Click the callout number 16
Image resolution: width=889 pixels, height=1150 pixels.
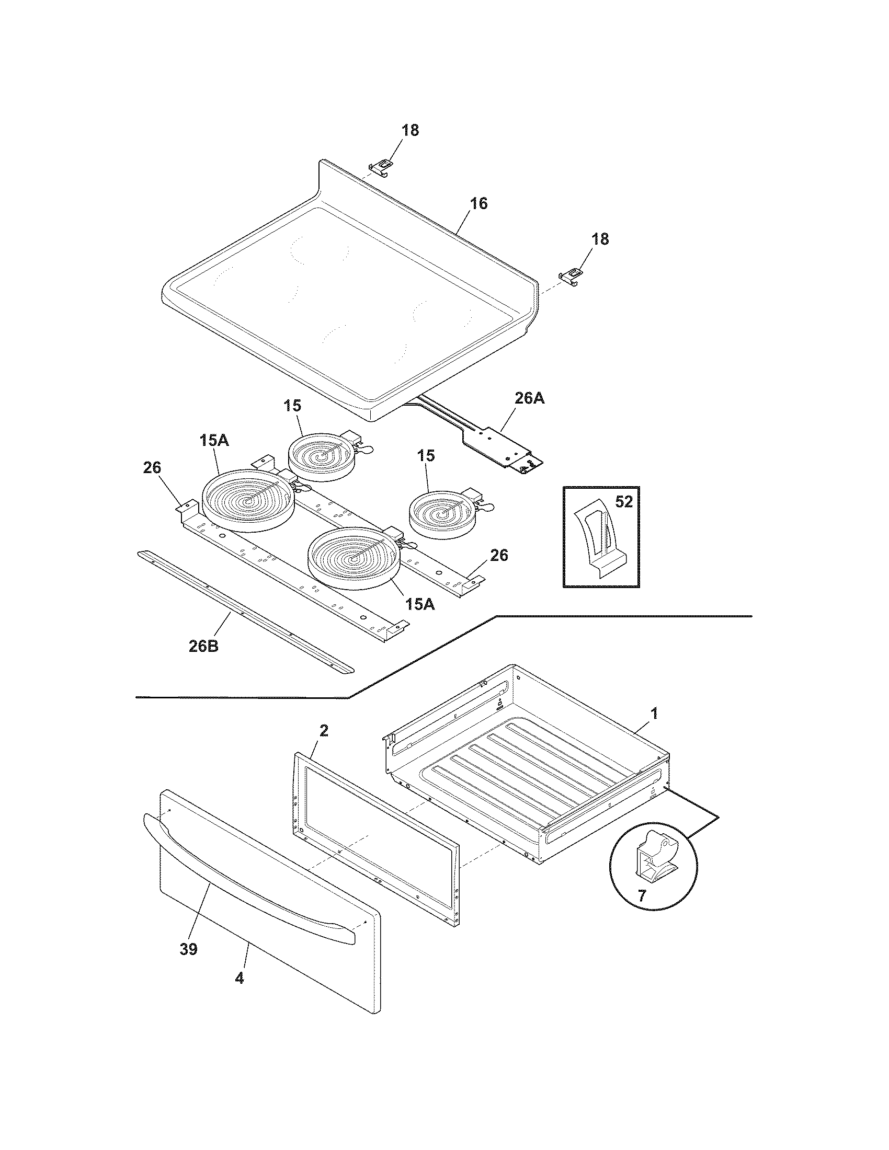[478, 203]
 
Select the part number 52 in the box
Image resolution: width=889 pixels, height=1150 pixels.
[623, 502]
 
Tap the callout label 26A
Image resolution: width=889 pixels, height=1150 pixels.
[529, 399]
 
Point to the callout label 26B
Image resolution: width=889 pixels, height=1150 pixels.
[203, 646]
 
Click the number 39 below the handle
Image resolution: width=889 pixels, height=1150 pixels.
[188, 949]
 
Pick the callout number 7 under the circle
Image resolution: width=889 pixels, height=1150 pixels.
[641, 895]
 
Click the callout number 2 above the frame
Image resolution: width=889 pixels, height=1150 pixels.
[324, 730]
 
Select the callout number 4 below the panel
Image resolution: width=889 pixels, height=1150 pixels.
[240, 979]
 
